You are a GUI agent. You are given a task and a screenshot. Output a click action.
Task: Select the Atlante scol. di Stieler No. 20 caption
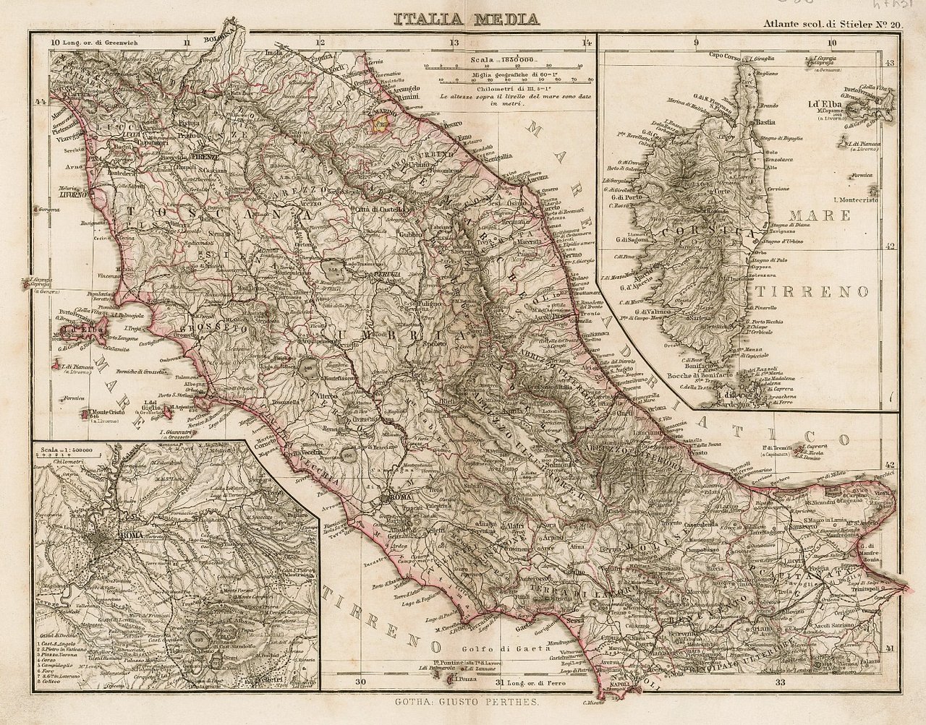[833, 23]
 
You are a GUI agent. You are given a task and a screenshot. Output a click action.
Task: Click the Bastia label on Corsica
[765, 123]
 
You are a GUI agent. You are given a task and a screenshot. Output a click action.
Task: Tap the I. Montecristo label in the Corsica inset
[855, 200]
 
